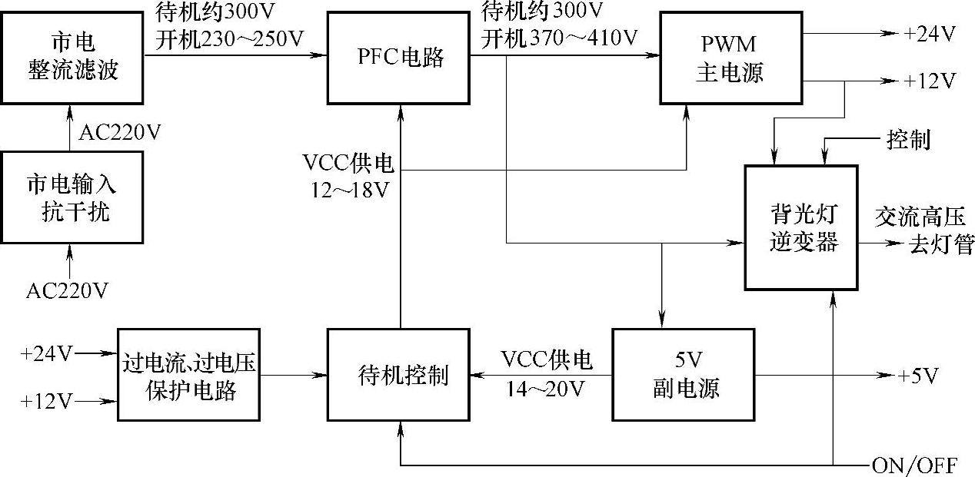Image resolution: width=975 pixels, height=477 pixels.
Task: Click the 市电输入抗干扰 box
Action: click(x=72, y=197)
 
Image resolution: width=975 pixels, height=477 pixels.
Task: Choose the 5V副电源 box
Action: click(x=683, y=375)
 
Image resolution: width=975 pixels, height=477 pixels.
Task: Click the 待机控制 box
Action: click(x=398, y=375)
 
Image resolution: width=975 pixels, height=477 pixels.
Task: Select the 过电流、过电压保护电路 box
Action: click(x=189, y=375)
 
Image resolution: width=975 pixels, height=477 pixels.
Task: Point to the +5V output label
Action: click(x=919, y=376)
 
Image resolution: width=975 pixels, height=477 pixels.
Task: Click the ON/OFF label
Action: click(x=914, y=465)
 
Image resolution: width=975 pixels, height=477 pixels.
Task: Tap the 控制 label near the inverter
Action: click(x=908, y=141)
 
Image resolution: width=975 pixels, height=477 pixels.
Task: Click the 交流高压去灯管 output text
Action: click(x=923, y=231)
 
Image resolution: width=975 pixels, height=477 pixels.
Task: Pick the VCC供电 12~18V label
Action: click(x=349, y=176)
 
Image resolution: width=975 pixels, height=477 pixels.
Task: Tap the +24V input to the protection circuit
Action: click(x=48, y=354)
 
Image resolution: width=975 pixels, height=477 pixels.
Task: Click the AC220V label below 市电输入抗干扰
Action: click(x=67, y=290)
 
